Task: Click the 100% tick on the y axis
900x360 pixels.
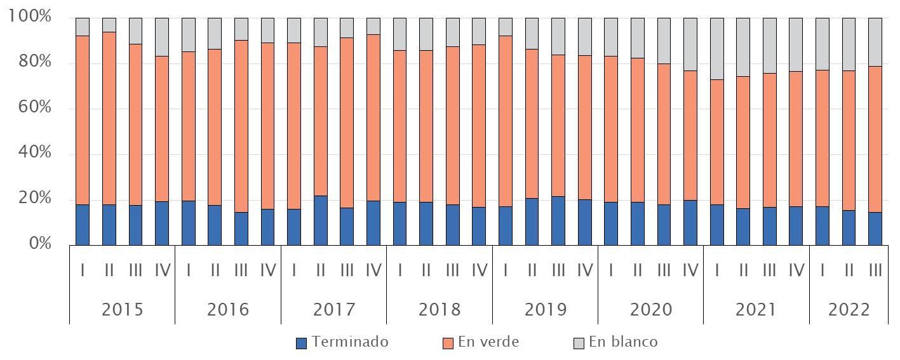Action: pyautogui.click(x=29, y=17)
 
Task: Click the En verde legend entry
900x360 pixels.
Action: pyautogui.click(x=481, y=342)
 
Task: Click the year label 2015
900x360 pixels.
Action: pyautogui.click(x=122, y=310)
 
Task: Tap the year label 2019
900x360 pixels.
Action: pyautogui.click(x=545, y=310)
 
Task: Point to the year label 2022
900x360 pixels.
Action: pyautogui.click(x=849, y=310)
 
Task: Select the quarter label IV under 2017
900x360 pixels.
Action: pyautogui.click(x=373, y=270)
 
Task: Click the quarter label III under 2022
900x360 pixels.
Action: pyautogui.click(x=875, y=270)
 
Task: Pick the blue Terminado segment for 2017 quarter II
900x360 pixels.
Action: pyautogui.click(x=320, y=220)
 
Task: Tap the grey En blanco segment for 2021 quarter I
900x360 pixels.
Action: pyautogui.click(x=716, y=48)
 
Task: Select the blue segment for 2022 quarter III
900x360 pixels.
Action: pyautogui.click(x=875, y=229)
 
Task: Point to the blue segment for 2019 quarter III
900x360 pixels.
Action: pyautogui.click(x=558, y=221)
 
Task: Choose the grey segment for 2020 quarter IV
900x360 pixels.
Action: pyautogui.click(x=690, y=44)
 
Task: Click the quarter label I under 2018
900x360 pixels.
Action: pyautogui.click(x=400, y=270)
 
